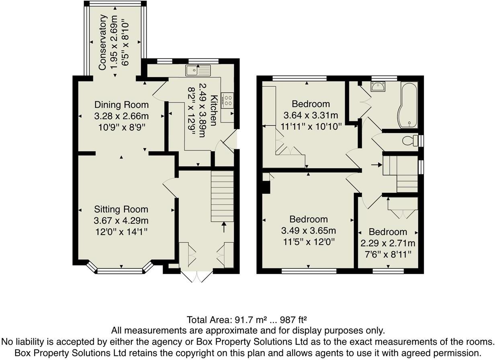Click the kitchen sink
pos(198,70)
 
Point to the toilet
pos(411,141)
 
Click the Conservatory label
pos(103,42)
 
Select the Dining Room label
pos(121,105)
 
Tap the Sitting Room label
pos(121,209)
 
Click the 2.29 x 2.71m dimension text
pos(388,243)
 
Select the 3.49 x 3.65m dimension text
pos(308,231)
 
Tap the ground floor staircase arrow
pos(224,227)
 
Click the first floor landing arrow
pos(376,164)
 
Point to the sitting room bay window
pos(120,271)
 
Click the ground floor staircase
pos(222,196)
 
